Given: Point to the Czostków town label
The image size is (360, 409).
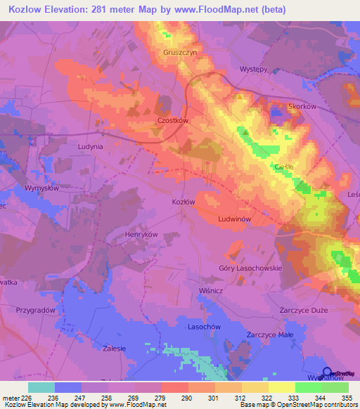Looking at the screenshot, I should (x=172, y=120).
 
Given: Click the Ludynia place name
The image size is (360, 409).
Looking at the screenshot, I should (x=90, y=147).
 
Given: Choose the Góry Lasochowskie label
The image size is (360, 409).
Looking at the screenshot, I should (x=250, y=268).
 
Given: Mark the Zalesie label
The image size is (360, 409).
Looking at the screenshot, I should (x=113, y=348).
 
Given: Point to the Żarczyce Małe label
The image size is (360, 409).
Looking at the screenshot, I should (x=269, y=335).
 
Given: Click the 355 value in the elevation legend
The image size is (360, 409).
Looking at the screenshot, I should (x=345, y=397).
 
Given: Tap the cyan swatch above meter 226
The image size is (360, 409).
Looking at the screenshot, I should (x=41, y=387).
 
